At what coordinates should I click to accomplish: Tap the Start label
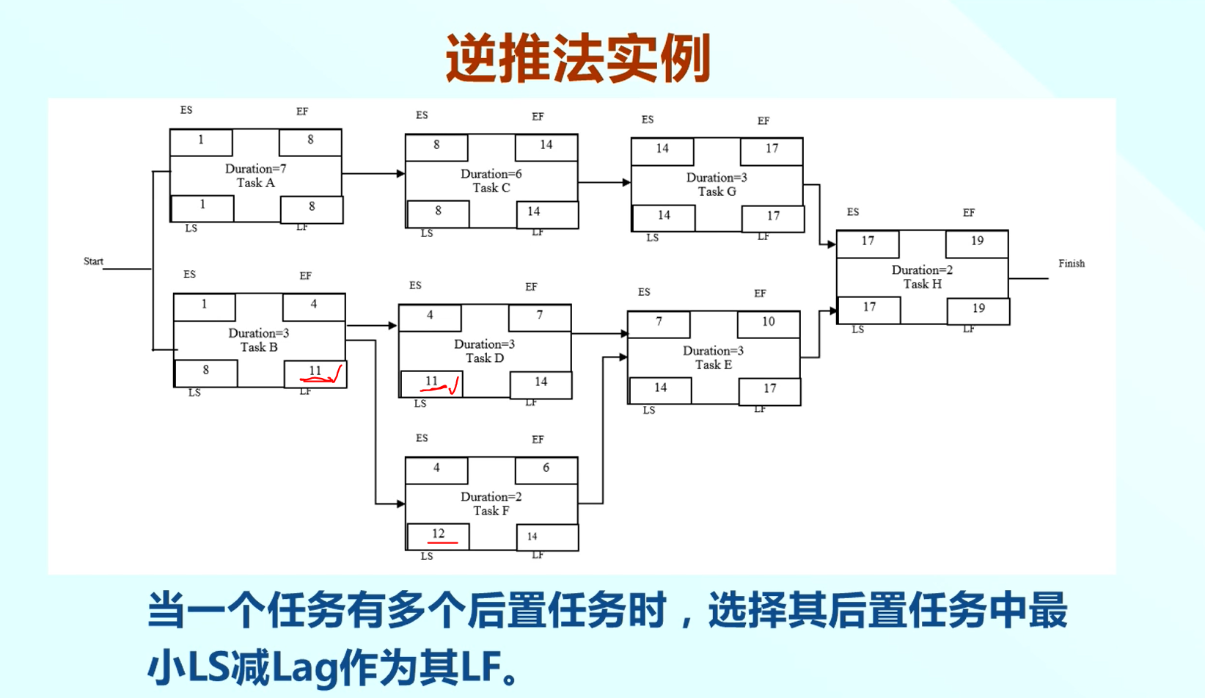(x=93, y=261)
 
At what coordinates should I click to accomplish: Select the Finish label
(x=1071, y=263)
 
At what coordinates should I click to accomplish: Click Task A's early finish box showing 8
(x=310, y=141)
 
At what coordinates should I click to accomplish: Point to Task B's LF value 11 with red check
(x=315, y=372)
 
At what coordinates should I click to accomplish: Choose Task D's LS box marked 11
(x=431, y=382)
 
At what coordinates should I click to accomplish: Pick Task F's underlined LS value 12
(x=438, y=534)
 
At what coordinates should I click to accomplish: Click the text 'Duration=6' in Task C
(x=491, y=174)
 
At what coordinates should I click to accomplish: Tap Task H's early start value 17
(x=868, y=241)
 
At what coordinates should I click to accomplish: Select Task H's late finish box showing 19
(x=978, y=309)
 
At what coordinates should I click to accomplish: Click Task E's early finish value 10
(x=768, y=322)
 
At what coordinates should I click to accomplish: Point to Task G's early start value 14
(x=662, y=149)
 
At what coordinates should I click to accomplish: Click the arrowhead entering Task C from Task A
(x=400, y=174)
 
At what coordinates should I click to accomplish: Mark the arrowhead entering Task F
(x=400, y=504)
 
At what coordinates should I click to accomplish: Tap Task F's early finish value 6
(x=546, y=468)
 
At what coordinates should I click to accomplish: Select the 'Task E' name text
(x=713, y=365)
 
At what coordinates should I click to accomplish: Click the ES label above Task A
(x=186, y=110)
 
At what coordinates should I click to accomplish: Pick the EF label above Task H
(x=968, y=213)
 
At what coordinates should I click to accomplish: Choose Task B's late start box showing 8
(x=205, y=371)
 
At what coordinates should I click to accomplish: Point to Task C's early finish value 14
(x=546, y=145)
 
